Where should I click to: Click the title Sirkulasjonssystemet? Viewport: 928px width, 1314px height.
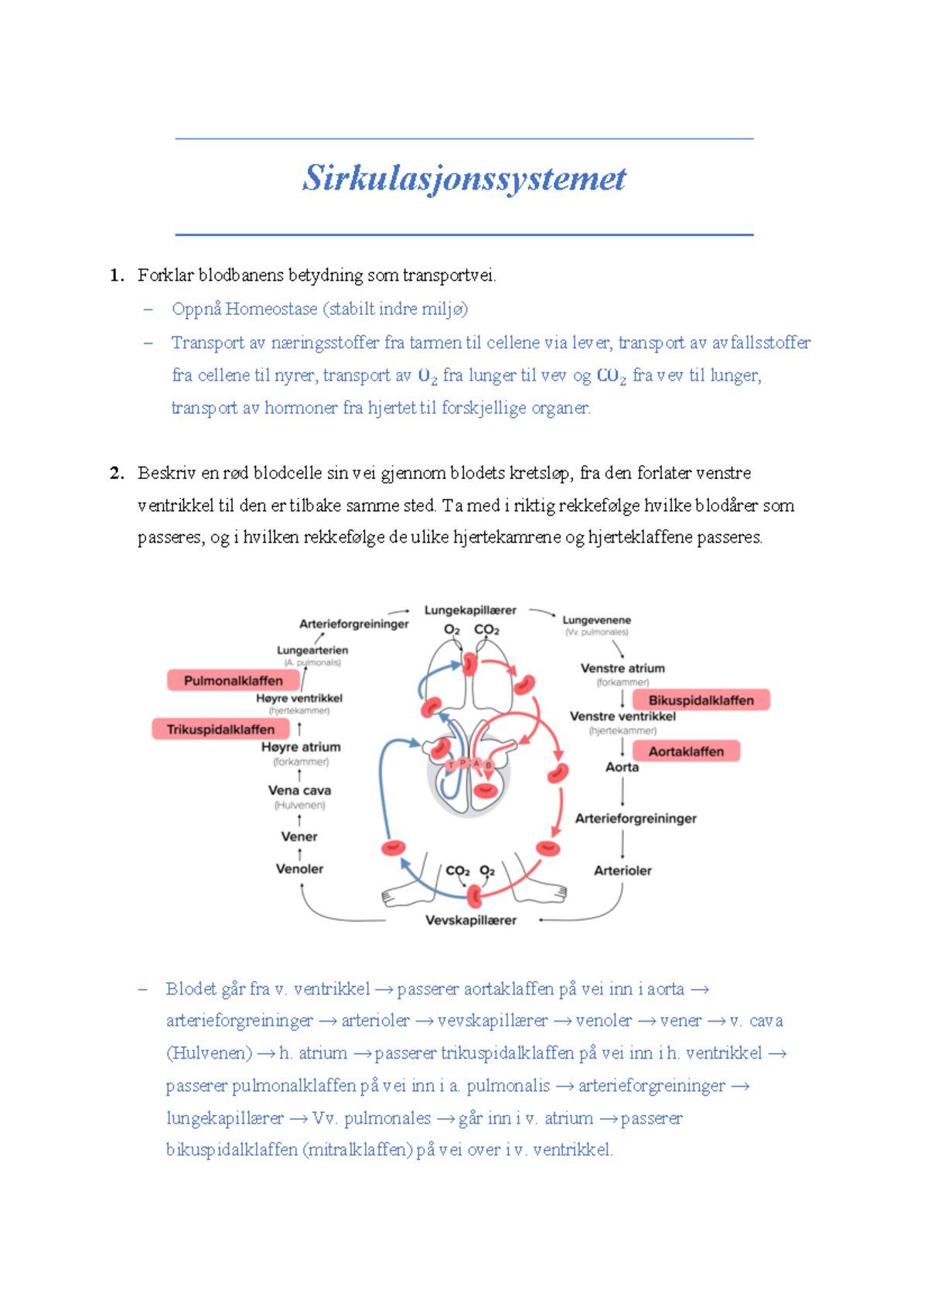464,179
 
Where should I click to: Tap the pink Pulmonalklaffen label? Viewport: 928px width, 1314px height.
233,681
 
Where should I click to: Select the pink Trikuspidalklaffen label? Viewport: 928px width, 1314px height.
220,730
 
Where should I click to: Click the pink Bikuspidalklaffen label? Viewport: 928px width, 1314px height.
701,700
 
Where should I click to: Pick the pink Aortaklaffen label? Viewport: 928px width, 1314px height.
686,751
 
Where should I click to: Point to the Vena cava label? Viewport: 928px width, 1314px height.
299,791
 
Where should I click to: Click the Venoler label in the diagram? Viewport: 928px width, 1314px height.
299,869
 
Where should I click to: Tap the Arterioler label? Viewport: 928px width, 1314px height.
623,871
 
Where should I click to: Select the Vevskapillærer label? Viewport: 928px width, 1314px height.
471,920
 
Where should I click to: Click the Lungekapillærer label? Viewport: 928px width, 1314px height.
470,611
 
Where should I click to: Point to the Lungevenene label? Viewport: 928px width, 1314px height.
596,621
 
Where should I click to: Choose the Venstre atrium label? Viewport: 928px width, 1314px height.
623,669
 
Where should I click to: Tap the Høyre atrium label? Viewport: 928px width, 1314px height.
301,748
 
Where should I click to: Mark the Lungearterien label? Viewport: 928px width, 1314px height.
312,651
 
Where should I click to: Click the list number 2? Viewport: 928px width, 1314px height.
117,474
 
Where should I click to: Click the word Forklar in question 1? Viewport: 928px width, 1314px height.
165,275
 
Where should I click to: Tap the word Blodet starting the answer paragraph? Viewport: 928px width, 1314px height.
191,989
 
